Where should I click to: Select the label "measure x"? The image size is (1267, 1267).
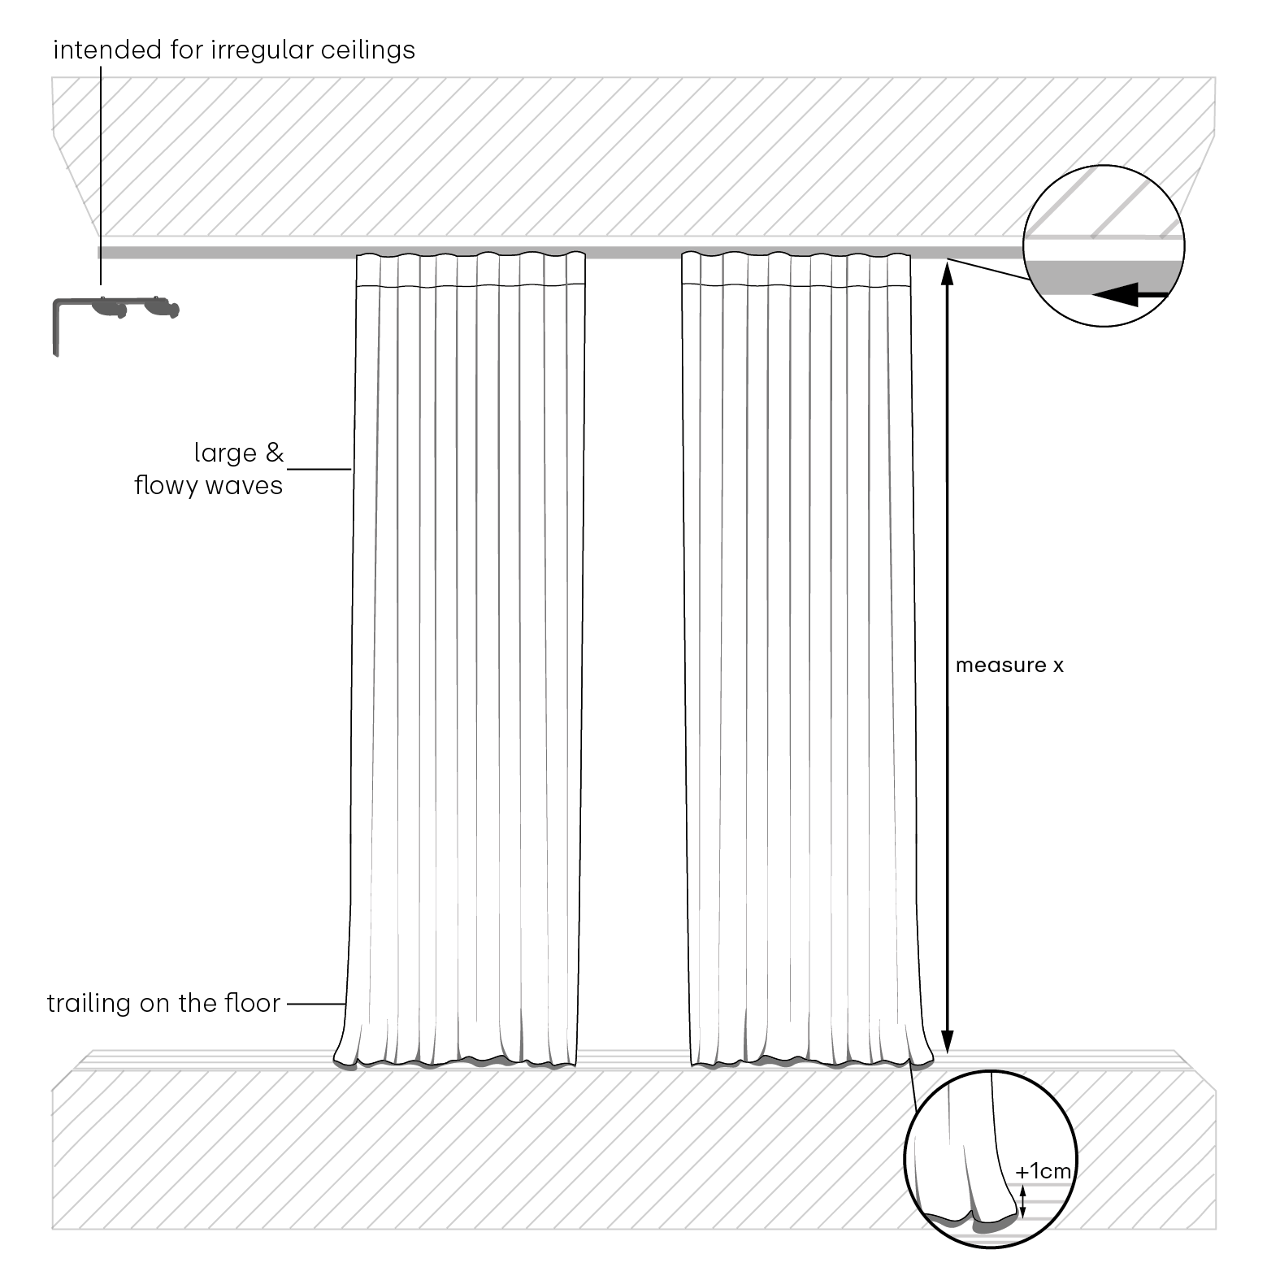(1009, 666)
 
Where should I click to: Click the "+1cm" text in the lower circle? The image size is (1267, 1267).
(1044, 1171)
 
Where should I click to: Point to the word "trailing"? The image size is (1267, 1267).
(90, 1004)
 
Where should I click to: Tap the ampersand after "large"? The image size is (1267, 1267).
(275, 453)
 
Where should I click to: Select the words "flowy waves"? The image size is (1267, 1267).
(209, 486)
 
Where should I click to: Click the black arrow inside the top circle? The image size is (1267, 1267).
(1130, 297)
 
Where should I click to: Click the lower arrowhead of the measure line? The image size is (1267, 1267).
(947, 1041)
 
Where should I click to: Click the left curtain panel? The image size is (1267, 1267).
(464, 659)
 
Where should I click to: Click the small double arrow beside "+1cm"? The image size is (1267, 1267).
(1024, 1199)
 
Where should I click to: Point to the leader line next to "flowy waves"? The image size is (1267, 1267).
(319, 469)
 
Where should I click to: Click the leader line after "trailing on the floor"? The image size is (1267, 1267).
(316, 1004)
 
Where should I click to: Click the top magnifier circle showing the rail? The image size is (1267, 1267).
(1104, 245)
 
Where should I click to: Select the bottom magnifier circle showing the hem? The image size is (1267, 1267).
(991, 1161)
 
